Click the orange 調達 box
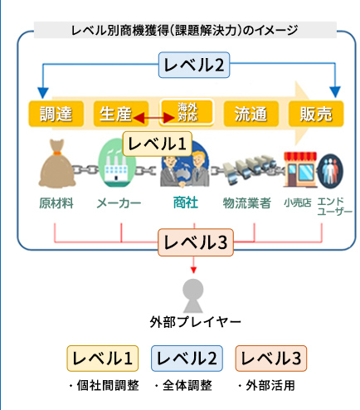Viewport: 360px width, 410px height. [56, 114]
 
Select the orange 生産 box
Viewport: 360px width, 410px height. [121, 114]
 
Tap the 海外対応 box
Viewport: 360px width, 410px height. [187, 112]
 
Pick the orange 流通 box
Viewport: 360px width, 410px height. [251, 114]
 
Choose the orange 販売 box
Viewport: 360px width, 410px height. [316, 114]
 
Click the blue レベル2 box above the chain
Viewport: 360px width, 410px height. [194, 65]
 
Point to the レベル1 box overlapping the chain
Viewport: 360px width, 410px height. [157, 144]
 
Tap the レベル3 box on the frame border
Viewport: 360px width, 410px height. [196, 242]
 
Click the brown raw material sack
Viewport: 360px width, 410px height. [56, 164]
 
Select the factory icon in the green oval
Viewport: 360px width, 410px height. [117, 163]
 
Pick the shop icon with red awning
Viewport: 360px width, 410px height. [300, 169]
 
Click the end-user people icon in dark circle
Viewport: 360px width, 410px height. [330, 171]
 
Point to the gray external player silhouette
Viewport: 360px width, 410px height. [193, 295]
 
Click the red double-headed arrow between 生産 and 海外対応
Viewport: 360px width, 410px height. [153, 118]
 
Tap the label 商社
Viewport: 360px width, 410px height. [186, 203]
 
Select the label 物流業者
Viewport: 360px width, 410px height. [247, 203]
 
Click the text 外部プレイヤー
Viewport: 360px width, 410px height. [196, 322]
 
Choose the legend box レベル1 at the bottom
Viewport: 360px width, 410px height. [103, 359]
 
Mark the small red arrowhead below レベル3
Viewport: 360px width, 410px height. [193, 270]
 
